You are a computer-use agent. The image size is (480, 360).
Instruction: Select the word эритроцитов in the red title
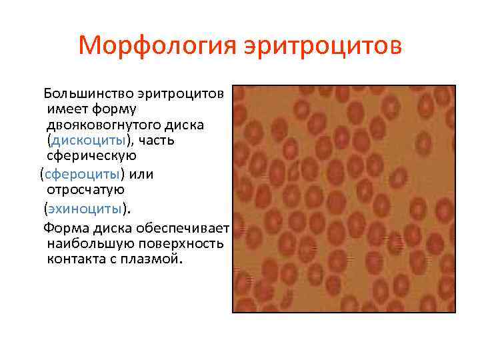[323, 47]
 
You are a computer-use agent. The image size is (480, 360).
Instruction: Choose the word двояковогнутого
[106, 125]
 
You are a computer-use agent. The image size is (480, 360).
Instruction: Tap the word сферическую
[91, 158]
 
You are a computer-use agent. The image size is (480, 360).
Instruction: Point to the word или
[142, 175]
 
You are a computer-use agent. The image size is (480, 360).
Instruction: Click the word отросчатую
[85, 191]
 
